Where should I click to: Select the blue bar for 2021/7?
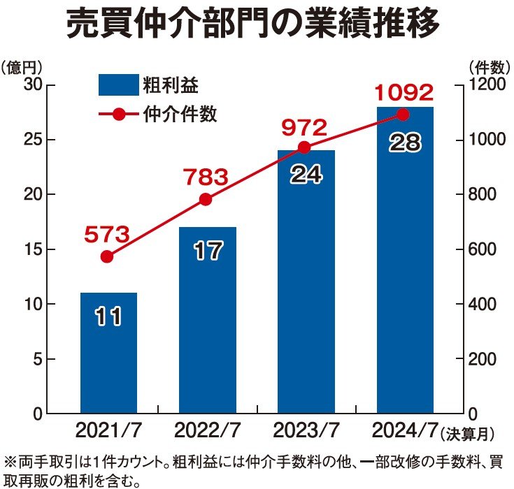point(108,353)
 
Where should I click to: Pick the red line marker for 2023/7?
point(304,147)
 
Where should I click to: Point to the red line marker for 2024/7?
point(403,114)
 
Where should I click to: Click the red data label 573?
point(107,235)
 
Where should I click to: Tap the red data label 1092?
point(404,92)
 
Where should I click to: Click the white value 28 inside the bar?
point(404,143)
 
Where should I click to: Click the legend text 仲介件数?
point(180,115)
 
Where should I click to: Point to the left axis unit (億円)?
point(22,67)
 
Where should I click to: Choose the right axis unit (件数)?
point(486,67)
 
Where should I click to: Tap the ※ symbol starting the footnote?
point(10,462)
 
